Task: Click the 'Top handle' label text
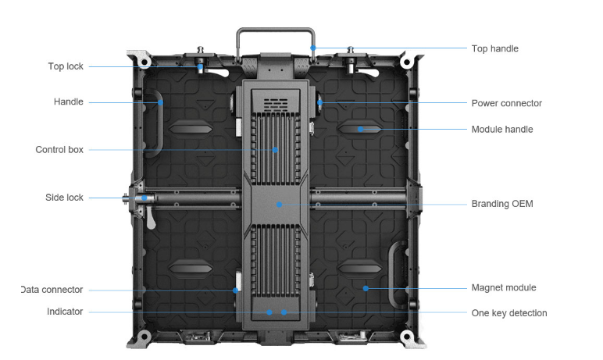tap(495, 48)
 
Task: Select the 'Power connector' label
tap(506, 103)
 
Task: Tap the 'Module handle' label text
tap(502, 129)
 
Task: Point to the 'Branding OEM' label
tap(502, 204)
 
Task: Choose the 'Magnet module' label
tap(503, 287)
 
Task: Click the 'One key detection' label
tap(508, 313)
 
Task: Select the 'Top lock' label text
tap(66, 66)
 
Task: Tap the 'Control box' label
tap(59, 150)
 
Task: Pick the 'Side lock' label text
tap(64, 198)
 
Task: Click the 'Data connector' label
tap(52, 290)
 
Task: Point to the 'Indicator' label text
tap(65, 312)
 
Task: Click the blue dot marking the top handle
tap(313, 48)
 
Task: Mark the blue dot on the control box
tap(275, 150)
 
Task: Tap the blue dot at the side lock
tap(145, 198)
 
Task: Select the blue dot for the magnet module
tap(366, 288)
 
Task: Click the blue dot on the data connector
tap(235, 290)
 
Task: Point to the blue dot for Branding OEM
tap(279, 205)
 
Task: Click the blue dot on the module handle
tap(360, 129)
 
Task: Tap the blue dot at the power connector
tap(320, 103)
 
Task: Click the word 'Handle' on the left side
tap(69, 102)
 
